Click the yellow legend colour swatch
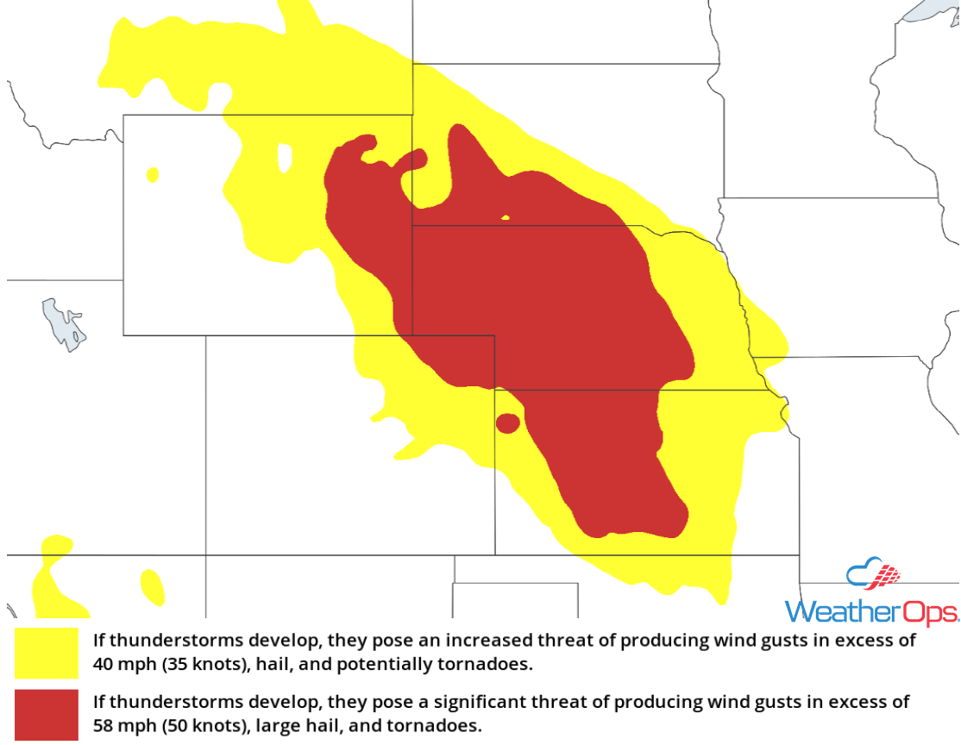pos(46,653)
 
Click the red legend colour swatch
pos(46,715)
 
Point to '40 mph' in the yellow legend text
pos(121,666)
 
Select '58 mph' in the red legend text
pos(121,727)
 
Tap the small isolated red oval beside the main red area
pos(507,423)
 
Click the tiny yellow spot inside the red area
pos(506,217)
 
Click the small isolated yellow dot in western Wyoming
pos(153,175)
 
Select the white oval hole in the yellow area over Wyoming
pos(284,158)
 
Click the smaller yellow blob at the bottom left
pos(153,586)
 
